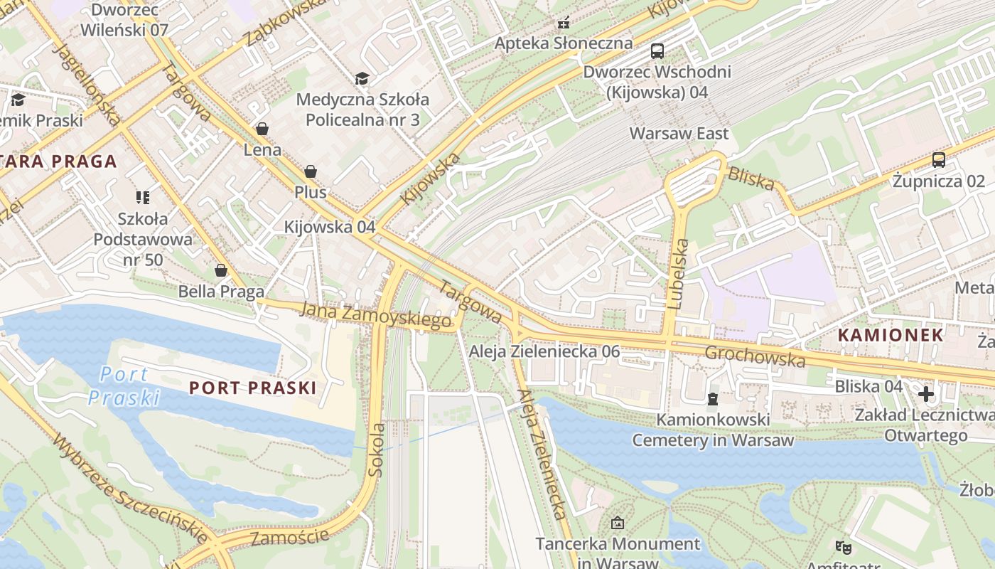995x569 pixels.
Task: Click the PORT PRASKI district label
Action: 252,388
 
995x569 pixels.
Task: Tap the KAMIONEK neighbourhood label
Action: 891,335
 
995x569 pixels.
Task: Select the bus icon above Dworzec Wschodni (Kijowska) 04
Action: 657,51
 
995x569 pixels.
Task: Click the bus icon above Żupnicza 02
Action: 939,160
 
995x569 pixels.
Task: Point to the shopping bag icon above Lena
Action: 262,129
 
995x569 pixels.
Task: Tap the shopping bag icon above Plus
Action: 311,171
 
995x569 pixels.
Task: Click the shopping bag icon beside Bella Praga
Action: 221,270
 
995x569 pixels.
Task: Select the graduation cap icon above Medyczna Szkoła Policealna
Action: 362,78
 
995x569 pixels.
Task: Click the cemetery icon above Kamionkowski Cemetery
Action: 713,398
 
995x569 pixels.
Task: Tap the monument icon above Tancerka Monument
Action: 618,523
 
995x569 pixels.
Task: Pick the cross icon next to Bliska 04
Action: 925,393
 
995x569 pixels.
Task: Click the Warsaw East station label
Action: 679,134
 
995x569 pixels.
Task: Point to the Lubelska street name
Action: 679,274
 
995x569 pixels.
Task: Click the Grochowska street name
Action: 755,356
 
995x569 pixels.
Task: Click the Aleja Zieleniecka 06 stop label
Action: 544,351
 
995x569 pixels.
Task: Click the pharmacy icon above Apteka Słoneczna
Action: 564,23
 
